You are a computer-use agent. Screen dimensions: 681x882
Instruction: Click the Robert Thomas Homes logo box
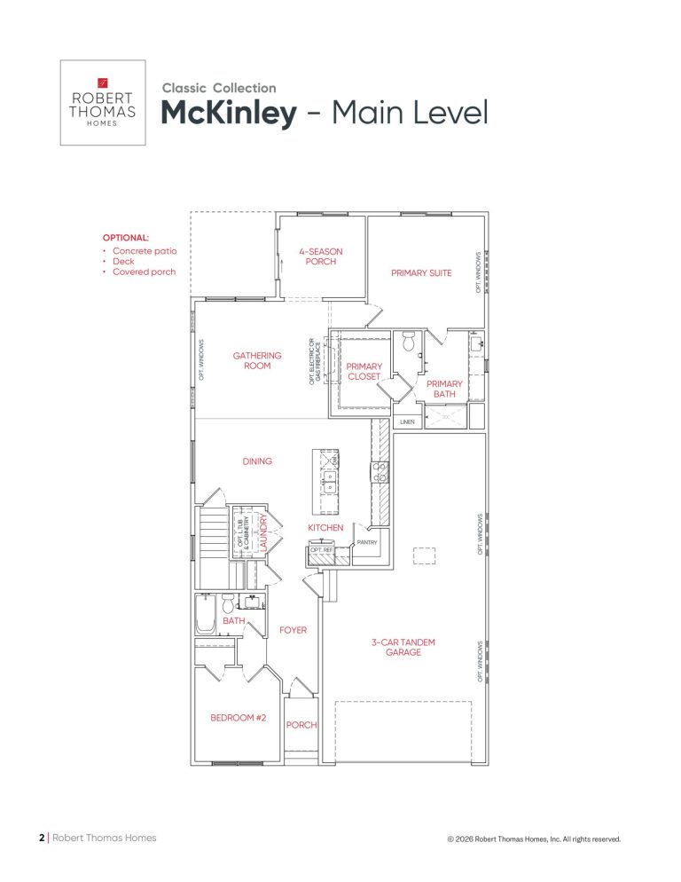[103, 102]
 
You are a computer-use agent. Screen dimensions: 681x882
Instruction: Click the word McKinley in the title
[229, 113]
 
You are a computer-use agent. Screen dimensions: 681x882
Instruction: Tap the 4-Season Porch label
[320, 256]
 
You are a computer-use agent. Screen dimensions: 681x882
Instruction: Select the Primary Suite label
[421, 272]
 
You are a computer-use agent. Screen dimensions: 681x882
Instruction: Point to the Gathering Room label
[257, 360]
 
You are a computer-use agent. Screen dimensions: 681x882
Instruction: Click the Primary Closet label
[364, 371]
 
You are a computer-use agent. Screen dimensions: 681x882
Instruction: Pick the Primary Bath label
[444, 389]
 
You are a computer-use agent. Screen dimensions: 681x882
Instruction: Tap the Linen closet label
[407, 421]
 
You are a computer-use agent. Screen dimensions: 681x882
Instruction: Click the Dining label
[257, 461]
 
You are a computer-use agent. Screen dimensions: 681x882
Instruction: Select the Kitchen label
[325, 528]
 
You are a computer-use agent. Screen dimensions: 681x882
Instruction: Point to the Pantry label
[366, 542]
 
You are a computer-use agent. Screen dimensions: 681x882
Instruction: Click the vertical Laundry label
[262, 532]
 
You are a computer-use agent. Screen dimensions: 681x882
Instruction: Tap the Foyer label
[293, 630]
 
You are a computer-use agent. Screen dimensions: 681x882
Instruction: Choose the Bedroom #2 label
[238, 718]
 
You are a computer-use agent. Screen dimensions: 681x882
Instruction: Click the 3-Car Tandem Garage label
[403, 647]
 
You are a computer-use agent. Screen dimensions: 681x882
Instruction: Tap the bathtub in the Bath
[205, 614]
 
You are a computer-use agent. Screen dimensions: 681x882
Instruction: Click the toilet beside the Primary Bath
[409, 341]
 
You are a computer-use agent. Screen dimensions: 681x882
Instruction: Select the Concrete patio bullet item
[145, 251]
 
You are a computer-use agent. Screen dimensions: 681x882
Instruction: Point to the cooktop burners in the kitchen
[380, 471]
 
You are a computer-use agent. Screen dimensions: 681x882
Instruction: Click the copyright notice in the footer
[534, 839]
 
